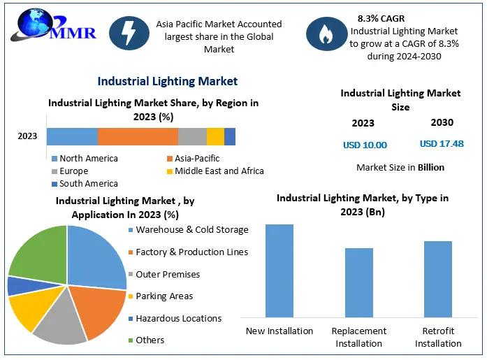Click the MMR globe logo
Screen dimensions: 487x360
[53, 25]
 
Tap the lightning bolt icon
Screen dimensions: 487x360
[129, 34]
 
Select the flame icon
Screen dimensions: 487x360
[326, 34]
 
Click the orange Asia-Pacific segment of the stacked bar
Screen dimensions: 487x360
[138, 137]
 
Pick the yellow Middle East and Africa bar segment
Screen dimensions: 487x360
[215, 137]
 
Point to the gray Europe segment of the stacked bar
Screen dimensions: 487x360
[193, 137]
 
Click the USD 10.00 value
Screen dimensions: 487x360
[365, 145]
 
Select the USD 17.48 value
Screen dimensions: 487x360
[442, 144]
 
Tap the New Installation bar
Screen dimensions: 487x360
[279, 271]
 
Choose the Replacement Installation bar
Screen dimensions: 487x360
[359, 282]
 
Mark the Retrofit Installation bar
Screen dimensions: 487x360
[438, 279]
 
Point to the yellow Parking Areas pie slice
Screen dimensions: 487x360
[33, 308]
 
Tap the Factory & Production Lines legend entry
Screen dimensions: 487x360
[188, 252]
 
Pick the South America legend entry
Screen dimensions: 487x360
[85, 184]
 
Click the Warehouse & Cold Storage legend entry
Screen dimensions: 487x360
[189, 230]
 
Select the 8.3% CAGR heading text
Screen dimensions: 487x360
[381, 19]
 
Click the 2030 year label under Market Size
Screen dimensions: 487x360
[442, 122]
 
